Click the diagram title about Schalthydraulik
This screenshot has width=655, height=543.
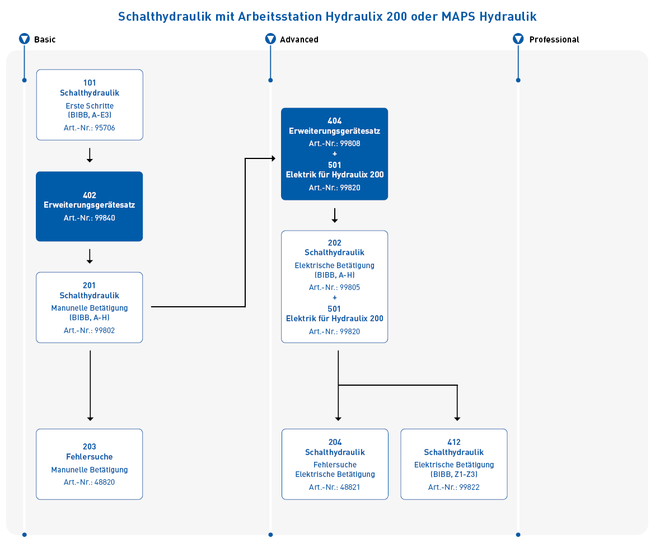point(327,17)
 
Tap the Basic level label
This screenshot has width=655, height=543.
point(45,40)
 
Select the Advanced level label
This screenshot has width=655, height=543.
point(299,40)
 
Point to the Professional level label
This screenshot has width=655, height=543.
point(554,40)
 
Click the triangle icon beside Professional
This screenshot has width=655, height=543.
point(518,39)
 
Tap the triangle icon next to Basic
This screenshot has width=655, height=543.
point(25,39)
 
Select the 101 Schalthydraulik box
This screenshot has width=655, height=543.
point(90,105)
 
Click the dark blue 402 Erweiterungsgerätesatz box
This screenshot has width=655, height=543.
point(90,207)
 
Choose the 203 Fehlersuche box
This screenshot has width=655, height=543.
point(90,464)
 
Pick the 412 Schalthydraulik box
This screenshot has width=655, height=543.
point(454,464)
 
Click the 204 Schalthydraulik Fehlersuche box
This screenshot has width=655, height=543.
point(335,464)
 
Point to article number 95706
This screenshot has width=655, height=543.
point(90,128)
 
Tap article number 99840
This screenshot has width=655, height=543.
point(90,218)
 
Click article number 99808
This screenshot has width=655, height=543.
point(335,144)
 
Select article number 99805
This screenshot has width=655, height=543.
point(335,287)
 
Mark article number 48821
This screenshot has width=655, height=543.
point(335,487)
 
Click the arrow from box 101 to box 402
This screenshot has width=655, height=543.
point(90,155)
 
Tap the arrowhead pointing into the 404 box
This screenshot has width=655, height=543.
point(273,158)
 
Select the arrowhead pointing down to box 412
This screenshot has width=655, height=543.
point(457,419)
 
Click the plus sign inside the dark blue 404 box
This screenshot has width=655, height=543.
point(335,154)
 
